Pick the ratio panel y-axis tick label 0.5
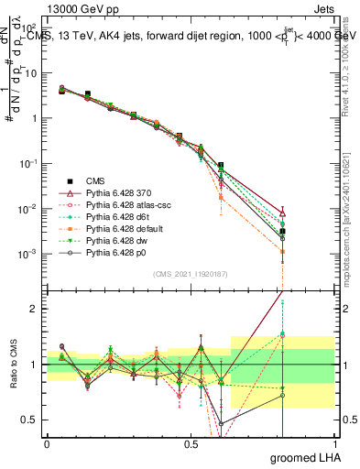[32, 420]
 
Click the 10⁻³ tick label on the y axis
[29, 254]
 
